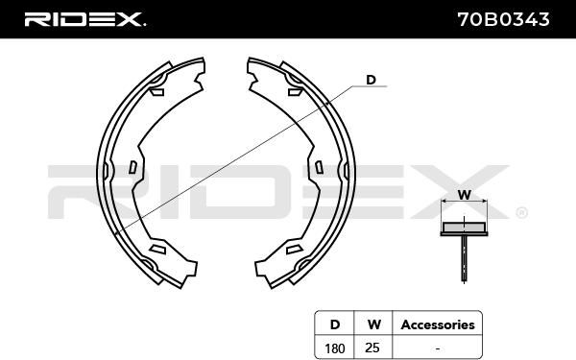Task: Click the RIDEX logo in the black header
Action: [x=84, y=19]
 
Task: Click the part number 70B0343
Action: [x=504, y=19]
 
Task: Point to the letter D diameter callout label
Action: [x=371, y=80]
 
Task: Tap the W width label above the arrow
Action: [x=464, y=194]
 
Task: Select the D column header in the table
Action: [x=335, y=324]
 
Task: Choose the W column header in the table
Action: [x=373, y=324]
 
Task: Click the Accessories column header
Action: [x=438, y=324]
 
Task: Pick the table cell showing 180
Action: [x=335, y=348]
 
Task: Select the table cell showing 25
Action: [x=372, y=348]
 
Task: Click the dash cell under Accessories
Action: [x=437, y=348]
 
